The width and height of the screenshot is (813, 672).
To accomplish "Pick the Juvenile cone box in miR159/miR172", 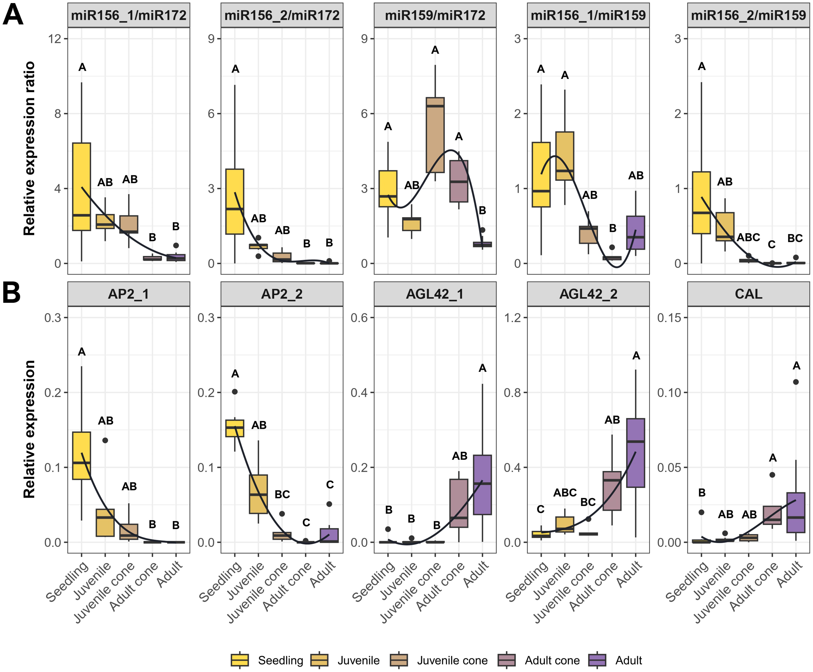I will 435,135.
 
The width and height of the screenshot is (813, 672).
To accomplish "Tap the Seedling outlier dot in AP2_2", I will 235,392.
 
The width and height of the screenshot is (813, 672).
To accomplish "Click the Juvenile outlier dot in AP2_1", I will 105,440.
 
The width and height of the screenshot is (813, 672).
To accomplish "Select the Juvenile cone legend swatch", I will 399,660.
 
